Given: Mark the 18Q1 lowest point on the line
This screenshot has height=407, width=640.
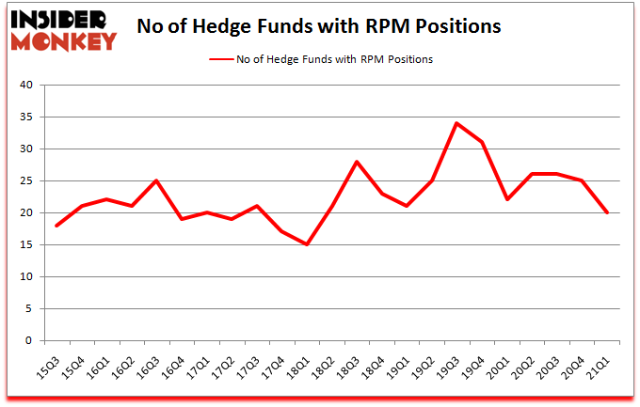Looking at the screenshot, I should click(x=306, y=244).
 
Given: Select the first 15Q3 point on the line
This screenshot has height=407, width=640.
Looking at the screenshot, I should click(x=56, y=226).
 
